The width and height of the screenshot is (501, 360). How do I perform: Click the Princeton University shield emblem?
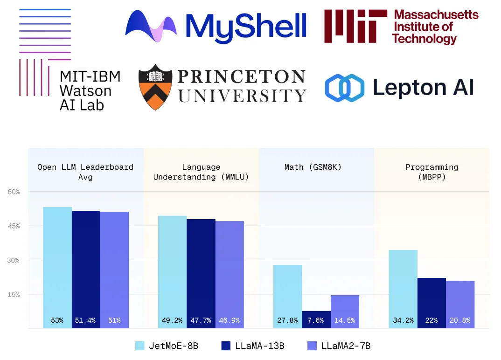click(x=156, y=88)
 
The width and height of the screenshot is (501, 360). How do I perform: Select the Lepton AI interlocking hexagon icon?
click(x=344, y=88)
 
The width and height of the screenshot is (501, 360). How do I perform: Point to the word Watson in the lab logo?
click(x=85, y=90)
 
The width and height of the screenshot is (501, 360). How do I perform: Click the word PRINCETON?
click(x=242, y=76)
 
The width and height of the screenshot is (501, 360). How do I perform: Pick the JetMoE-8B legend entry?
click(x=167, y=346)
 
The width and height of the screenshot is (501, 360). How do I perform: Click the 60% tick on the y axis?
click(x=13, y=192)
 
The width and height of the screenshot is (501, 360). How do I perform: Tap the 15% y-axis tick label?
click(x=13, y=294)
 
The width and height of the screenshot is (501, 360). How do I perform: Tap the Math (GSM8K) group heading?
click(x=313, y=167)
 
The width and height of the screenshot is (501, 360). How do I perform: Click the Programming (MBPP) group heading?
click(x=432, y=172)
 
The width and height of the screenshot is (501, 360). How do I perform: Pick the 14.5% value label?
click(x=345, y=320)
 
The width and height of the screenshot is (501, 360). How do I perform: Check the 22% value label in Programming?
click(x=431, y=320)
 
